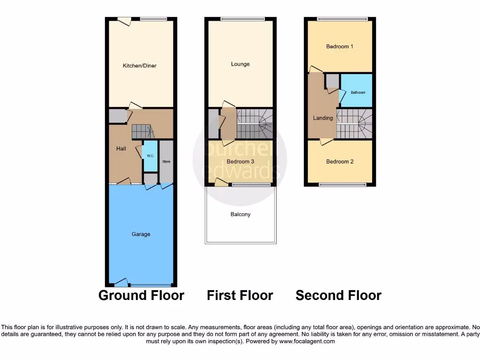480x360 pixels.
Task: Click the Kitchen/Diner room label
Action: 139,66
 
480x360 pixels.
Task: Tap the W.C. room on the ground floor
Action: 150,156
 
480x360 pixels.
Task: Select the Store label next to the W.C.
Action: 166,162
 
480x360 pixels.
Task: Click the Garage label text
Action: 141,234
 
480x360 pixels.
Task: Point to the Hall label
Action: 121,149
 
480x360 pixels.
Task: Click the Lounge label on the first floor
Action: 240,64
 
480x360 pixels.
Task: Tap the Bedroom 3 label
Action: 240,162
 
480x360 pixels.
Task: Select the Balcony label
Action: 240,214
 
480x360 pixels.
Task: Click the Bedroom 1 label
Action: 339,46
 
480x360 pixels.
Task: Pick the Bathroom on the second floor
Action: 358,92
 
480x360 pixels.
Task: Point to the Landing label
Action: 322,118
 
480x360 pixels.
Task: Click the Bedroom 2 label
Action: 339,162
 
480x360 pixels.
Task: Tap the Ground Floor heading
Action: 141,296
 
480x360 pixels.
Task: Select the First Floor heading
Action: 240,296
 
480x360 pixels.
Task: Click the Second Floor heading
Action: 338,296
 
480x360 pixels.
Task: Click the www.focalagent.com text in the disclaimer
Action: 307,342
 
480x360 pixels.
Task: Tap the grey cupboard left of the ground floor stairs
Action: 117,116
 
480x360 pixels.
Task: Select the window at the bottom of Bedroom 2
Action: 342,184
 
